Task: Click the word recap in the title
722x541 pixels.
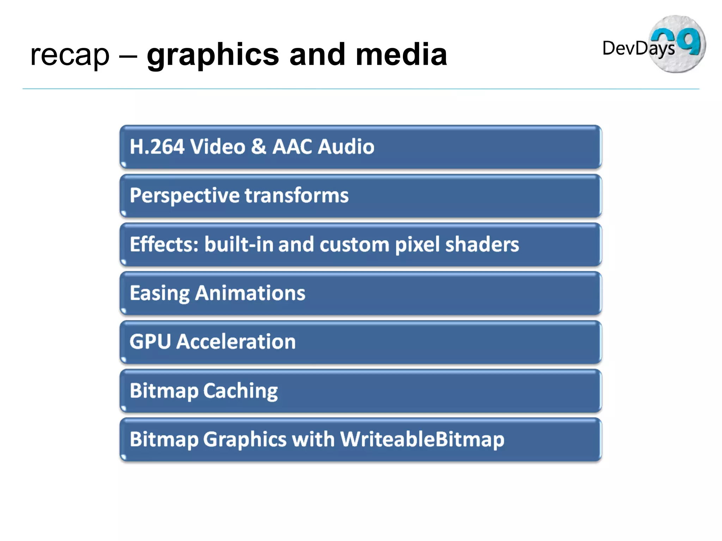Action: click(x=70, y=56)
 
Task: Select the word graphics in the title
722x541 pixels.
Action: click(x=213, y=56)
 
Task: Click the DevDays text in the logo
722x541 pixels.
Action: click(x=638, y=48)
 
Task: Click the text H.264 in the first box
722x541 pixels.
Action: click(x=157, y=147)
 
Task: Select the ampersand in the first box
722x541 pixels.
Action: click(x=258, y=147)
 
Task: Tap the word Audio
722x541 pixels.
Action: click(x=346, y=147)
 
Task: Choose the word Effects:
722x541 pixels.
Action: click(x=164, y=244)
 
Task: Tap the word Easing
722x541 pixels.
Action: click(x=160, y=293)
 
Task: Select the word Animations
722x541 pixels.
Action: click(x=250, y=293)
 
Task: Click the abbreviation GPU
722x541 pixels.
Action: click(x=150, y=342)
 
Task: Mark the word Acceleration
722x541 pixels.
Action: click(x=236, y=342)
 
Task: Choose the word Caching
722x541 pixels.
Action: click(x=240, y=391)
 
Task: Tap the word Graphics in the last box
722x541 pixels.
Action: click(x=245, y=440)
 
